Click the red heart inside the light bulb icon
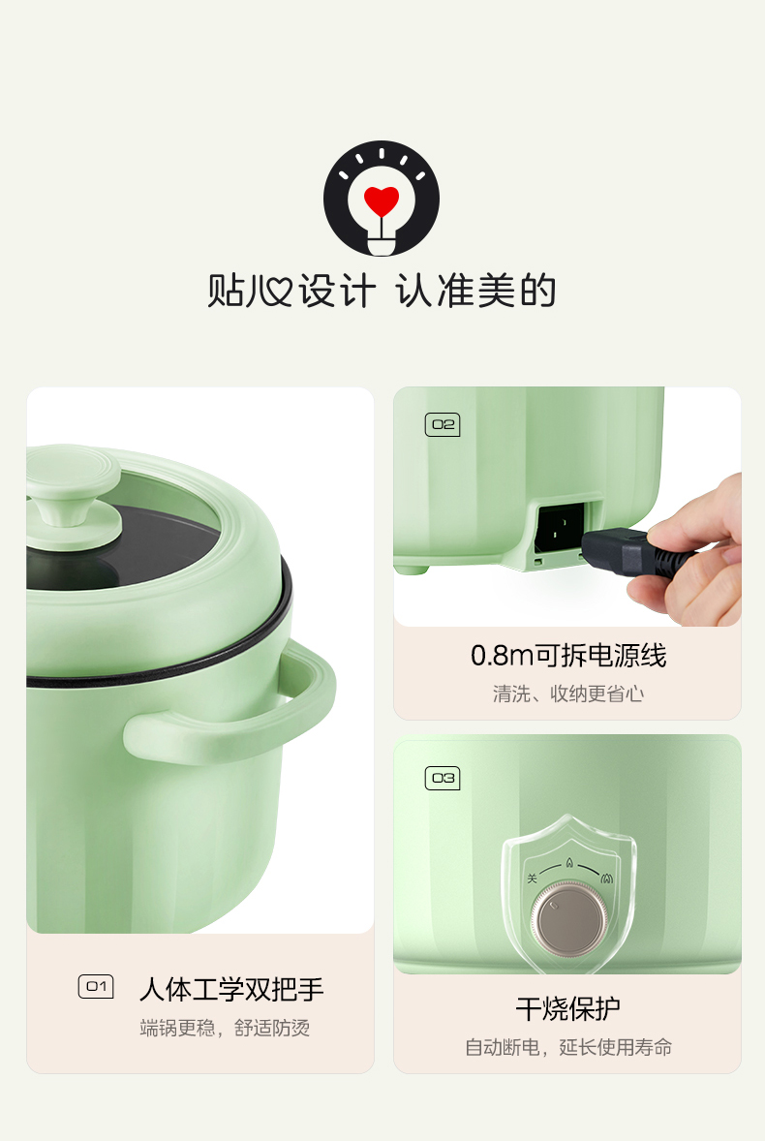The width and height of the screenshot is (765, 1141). point(381,200)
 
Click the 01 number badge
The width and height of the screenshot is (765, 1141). point(96,987)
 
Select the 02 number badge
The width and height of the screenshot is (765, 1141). point(443,424)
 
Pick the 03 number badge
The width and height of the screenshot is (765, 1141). point(443,778)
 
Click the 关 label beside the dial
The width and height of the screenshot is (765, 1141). point(533,879)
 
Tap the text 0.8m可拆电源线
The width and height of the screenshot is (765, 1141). point(567,656)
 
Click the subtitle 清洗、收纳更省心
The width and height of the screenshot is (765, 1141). point(567,694)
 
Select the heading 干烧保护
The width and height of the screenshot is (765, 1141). point(567,1008)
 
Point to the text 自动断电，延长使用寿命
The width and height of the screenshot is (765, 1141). point(567,1047)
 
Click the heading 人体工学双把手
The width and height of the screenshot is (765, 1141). point(231,989)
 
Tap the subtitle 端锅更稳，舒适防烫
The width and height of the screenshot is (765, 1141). point(225,1028)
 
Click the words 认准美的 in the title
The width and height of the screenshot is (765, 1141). point(476,292)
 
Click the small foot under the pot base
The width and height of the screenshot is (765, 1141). point(411,570)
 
